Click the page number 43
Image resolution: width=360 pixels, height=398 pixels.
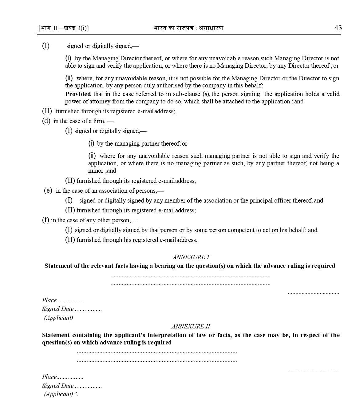(338, 28)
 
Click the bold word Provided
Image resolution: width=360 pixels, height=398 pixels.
(78, 94)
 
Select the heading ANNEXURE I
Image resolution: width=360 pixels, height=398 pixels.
(191, 257)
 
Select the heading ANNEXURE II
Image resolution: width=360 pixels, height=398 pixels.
(191, 326)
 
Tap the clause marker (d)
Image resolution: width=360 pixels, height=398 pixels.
(46, 121)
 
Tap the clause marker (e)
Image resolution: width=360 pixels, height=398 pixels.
(48, 191)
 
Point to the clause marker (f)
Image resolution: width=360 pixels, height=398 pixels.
(45, 220)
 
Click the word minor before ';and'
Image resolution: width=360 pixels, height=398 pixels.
(96, 171)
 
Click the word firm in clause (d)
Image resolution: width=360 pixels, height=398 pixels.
(99, 121)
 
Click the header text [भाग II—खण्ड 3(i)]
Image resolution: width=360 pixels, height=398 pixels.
(64, 28)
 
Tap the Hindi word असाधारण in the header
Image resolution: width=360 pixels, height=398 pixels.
(211, 28)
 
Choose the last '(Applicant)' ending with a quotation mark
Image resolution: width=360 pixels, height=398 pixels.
(61, 394)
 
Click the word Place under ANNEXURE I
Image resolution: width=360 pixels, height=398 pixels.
(49, 300)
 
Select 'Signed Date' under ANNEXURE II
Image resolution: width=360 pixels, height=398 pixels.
(58, 386)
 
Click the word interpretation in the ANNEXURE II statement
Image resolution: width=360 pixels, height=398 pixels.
(170, 335)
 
